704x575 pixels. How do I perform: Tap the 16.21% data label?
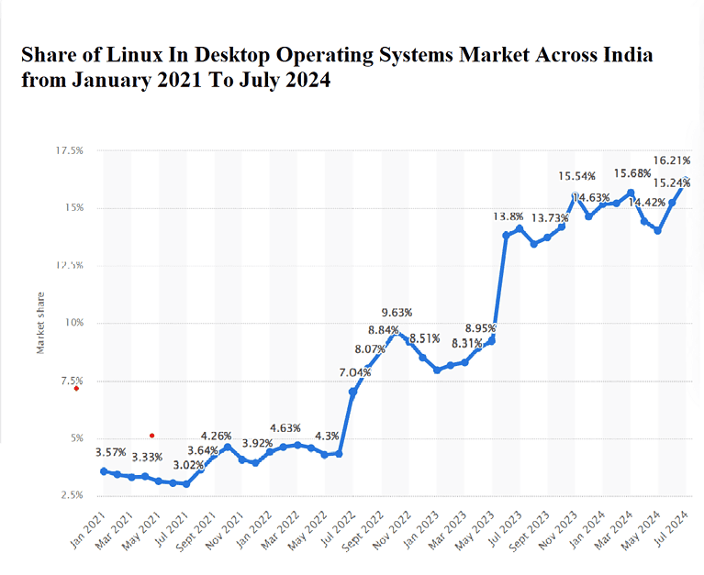[x=672, y=160]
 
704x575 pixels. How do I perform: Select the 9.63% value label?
[x=397, y=312]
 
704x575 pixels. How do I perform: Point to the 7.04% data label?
[x=355, y=371]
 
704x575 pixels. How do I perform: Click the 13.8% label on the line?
[x=508, y=216]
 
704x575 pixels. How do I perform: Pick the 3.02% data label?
[x=188, y=465]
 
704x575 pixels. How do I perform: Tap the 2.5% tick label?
[x=71, y=495]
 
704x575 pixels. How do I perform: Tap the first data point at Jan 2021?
[x=104, y=471]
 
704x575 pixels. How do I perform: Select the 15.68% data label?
[x=633, y=173]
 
